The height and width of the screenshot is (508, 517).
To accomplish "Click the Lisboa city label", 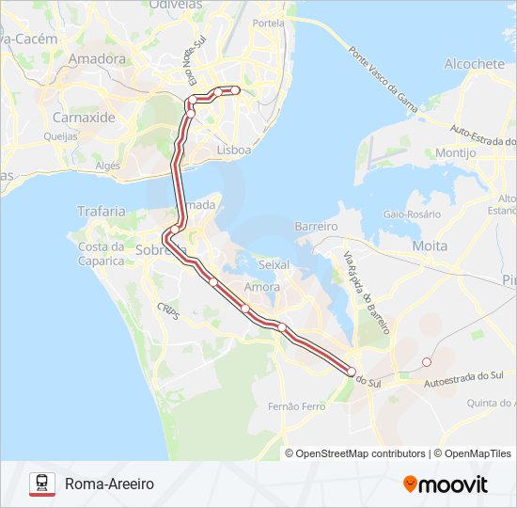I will (x=234, y=150).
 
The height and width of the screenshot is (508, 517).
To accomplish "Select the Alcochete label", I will (x=475, y=64).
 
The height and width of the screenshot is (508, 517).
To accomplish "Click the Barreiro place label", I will (x=316, y=227).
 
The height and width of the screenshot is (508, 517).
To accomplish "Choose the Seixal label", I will (x=274, y=266).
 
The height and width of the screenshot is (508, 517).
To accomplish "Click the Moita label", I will (x=430, y=246).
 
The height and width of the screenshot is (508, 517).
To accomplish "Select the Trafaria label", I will (x=102, y=212).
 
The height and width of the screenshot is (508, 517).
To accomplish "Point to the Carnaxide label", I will (x=84, y=118).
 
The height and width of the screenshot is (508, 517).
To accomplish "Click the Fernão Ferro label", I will (x=296, y=406).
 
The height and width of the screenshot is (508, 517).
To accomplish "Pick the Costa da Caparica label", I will (x=101, y=253).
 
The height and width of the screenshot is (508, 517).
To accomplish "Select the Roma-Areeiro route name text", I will (x=109, y=484).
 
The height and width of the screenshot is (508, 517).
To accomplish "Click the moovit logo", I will (x=446, y=484).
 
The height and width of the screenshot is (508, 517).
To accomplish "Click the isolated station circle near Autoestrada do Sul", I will (x=427, y=362).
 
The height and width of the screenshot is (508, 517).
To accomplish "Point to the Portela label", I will (x=268, y=23).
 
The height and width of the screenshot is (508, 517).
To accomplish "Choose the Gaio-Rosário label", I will (x=412, y=214).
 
